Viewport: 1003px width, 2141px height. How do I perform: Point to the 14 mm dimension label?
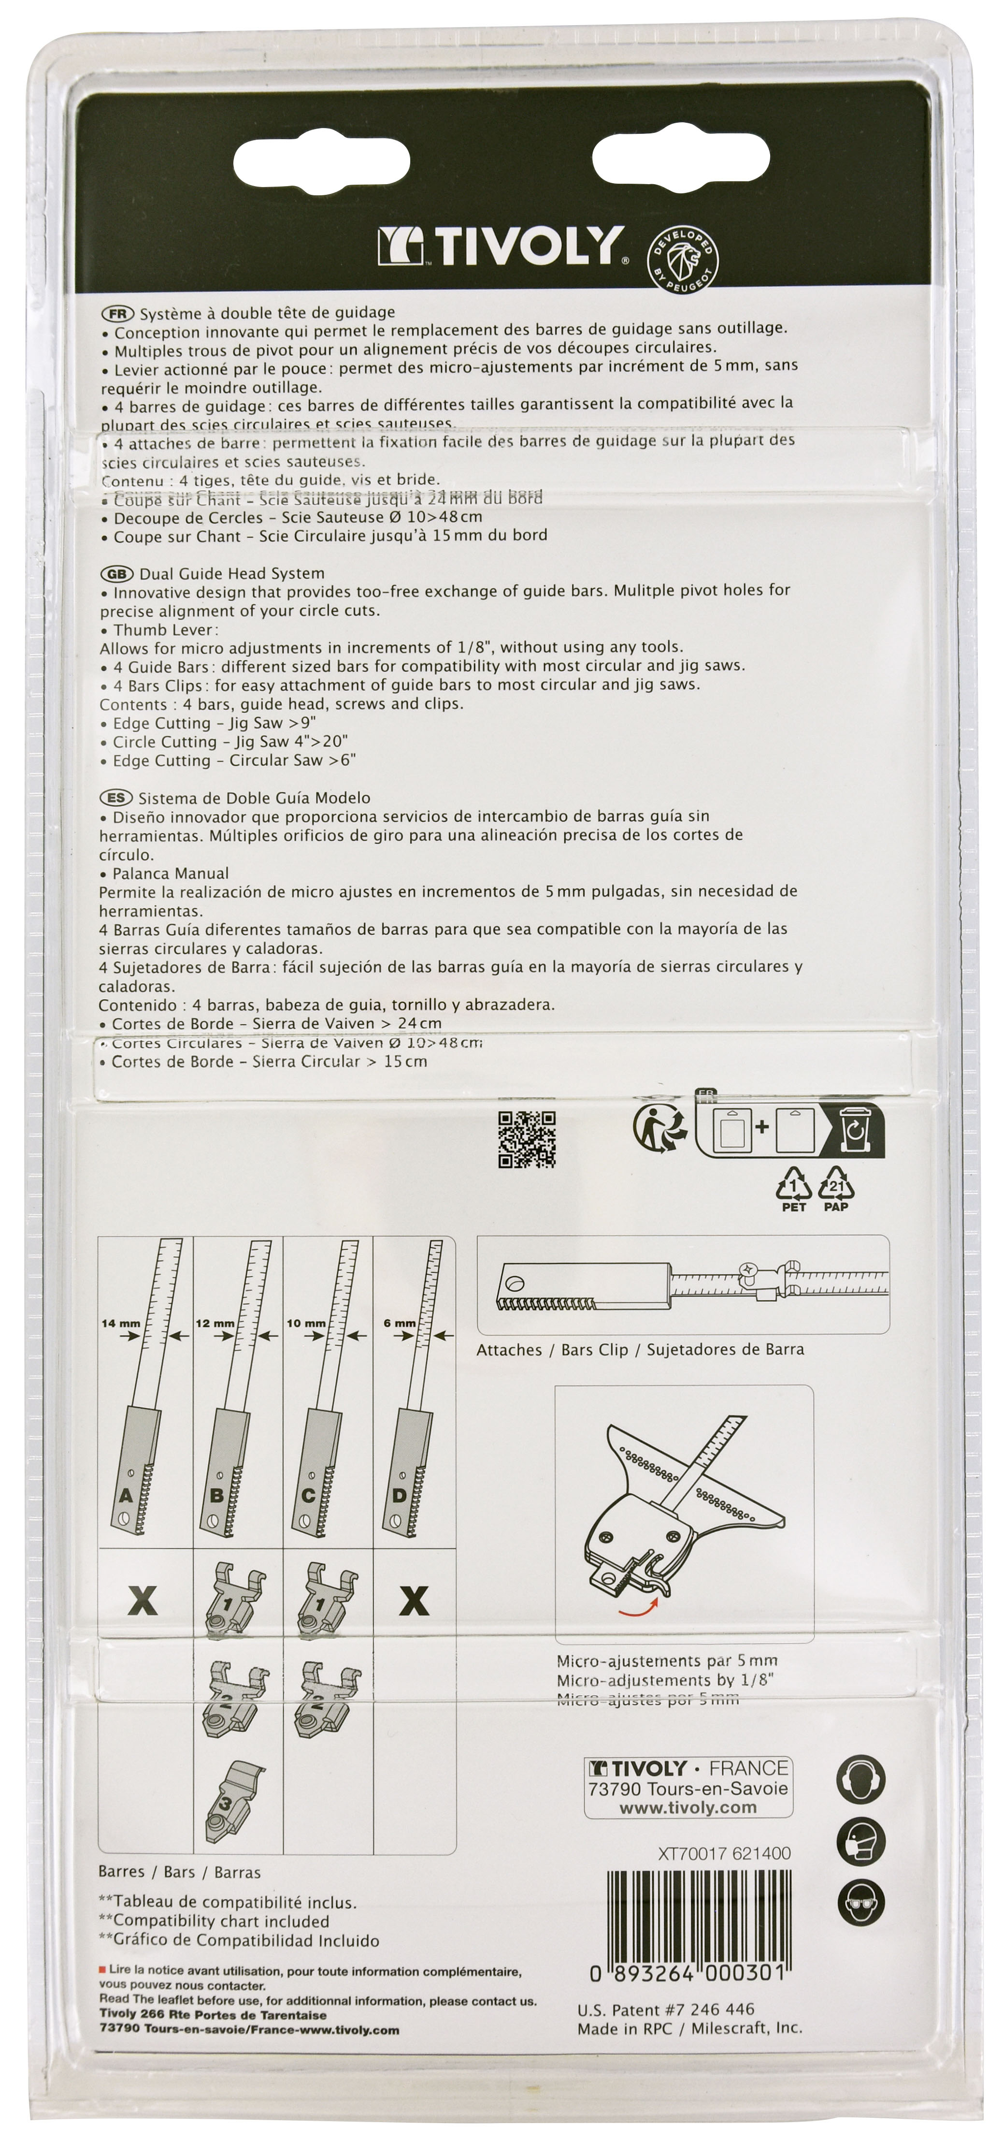[x=120, y=1323]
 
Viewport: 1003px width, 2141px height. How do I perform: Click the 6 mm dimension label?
[x=400, y=1323]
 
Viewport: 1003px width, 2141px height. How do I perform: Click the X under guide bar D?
[x=414, y=1601]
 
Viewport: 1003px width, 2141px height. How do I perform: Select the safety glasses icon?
[x=860, y=1903]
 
